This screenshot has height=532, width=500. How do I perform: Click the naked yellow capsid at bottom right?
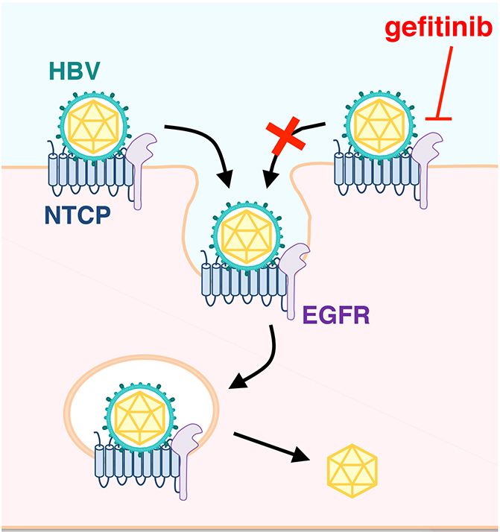353,472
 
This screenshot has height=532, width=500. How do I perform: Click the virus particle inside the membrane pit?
247,231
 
